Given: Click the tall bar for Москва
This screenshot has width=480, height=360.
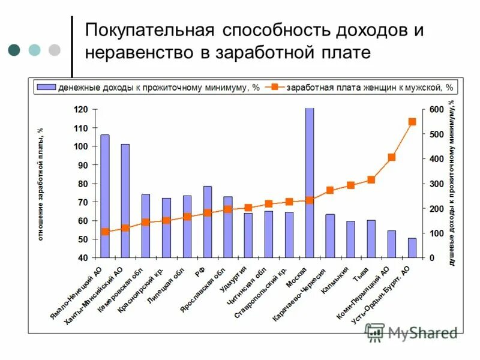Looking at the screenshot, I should coord(310,183).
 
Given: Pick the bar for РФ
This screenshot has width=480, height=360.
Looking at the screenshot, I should coord(208,222).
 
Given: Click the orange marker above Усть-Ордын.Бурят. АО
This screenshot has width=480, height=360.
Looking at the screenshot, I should coord(412,122).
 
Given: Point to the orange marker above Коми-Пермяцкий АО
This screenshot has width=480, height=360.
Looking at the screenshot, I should coord(391,157).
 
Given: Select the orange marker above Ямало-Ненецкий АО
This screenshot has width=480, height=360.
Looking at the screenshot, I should coord(105,232).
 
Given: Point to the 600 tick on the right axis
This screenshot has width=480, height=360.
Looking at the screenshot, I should coord(436,110).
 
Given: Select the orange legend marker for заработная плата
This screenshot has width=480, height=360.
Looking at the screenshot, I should coord(274,88).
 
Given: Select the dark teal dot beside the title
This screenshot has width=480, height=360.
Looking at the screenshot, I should coord(14,50).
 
